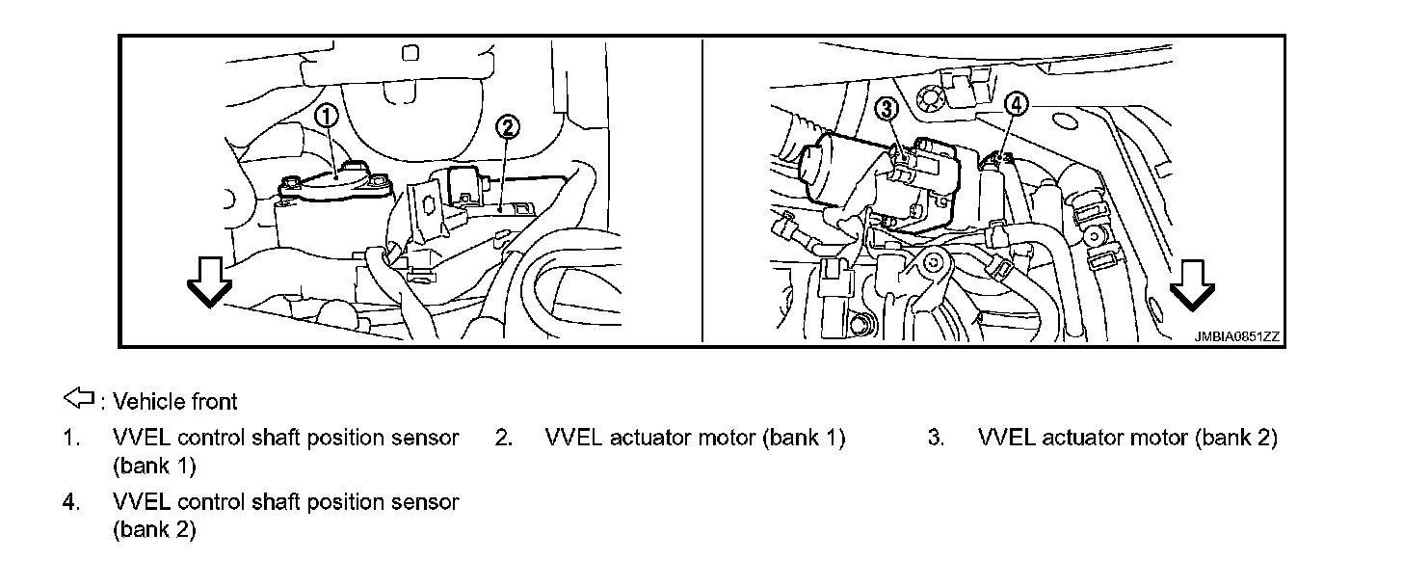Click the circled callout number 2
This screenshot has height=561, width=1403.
pos(508,127)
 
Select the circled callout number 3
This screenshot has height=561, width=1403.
pos(887,109)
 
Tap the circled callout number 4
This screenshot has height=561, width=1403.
pos(1015,104)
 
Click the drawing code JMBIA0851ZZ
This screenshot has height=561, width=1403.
pos(1236,336)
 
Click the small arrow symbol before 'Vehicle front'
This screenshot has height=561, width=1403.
pos(78,397)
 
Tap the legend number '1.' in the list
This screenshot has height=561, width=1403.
pos(70,438)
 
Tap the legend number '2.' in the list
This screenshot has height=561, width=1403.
pos(503,438)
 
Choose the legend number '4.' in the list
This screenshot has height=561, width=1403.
pos(70,502)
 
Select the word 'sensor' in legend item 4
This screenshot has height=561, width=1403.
pos(427,502)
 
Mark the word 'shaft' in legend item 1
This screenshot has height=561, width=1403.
pos(277,438)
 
